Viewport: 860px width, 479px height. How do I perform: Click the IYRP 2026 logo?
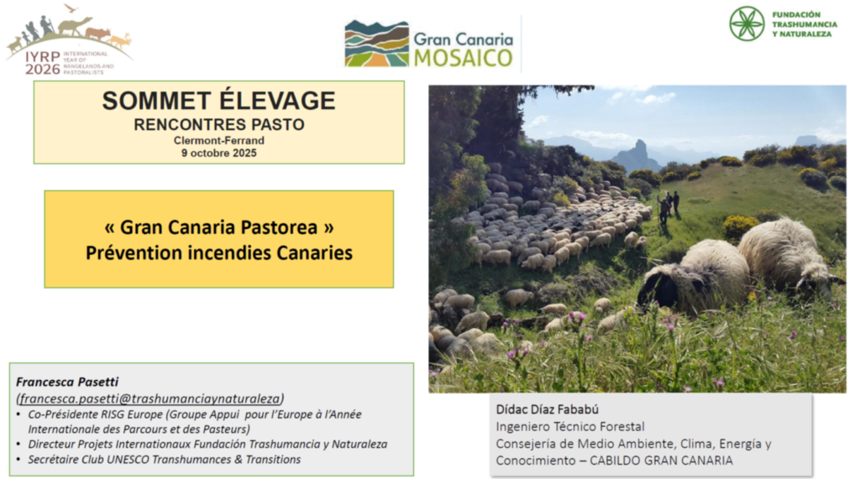pos(69,39)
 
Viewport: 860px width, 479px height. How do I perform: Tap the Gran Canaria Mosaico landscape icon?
pos(377,44)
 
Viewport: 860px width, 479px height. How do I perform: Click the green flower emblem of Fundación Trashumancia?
pos(747,23)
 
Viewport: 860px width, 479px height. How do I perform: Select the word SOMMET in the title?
pos(156,101)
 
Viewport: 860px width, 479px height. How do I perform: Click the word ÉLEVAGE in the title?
pos(277,100)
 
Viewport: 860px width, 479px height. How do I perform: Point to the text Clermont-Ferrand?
pos(219,140)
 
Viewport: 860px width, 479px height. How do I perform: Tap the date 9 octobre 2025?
pos(219,153)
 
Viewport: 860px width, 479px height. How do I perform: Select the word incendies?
pos(229,253)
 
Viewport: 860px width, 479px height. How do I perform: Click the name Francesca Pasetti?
pos(67,382)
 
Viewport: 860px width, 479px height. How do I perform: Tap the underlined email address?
pos(150,398)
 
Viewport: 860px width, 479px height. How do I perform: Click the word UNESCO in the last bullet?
pos(128,459)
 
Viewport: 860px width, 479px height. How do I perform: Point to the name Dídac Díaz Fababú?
pos(547,409)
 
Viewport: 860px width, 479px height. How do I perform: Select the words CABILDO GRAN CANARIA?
pos(661,461)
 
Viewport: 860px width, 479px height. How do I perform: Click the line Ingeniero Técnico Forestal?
pos(570,426)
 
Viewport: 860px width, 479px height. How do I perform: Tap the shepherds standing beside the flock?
pos(669,206)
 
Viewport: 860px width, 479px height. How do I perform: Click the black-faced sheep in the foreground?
pos(693,278)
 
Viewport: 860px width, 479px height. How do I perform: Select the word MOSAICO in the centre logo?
pos(464,58)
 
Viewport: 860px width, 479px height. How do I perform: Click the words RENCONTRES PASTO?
pos(219,124)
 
